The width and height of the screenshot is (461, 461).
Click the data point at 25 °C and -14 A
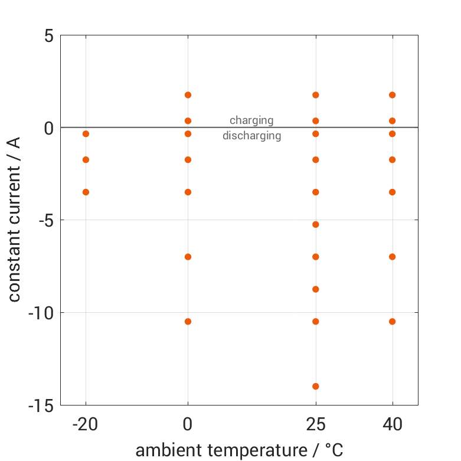[316, 386]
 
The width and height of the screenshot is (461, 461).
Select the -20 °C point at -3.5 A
[86, 192]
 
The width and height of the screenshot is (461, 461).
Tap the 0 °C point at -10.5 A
[188, 321]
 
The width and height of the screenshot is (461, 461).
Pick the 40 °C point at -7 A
[392, 257]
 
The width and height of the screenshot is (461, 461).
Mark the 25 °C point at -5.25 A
[316, 224]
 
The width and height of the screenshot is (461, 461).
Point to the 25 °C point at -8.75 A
[316, 289]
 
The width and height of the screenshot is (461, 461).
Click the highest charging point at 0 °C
[188, 95]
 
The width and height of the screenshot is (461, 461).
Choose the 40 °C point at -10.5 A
[392, 321]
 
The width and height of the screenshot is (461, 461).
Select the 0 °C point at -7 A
[188, 257]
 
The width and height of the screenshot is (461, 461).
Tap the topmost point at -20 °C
[86, 134]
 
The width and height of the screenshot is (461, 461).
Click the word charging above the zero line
[251, 120]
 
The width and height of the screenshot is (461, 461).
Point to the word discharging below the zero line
[251, 136]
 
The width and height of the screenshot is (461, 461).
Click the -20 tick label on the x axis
[86, 424]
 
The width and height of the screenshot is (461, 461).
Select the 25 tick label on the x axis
[316, 424]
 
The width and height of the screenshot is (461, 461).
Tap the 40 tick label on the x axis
[392, 424]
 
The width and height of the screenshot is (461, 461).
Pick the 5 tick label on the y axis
[48, 36]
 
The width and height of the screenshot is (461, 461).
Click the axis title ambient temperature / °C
[239, 450]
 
